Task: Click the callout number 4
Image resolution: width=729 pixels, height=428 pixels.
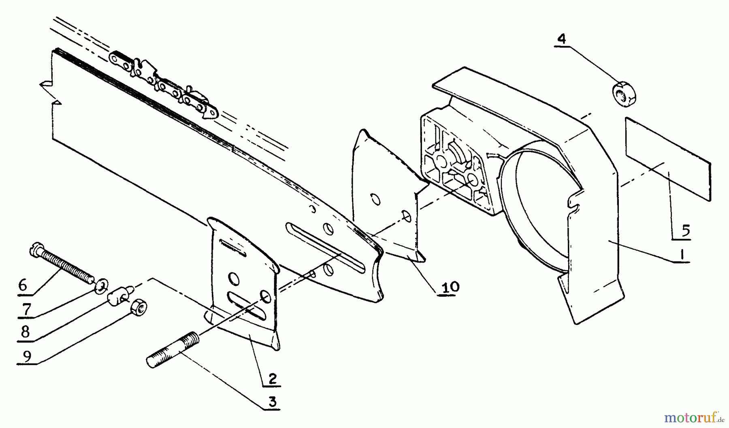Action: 562,39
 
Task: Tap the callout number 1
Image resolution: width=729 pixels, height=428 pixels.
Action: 682,254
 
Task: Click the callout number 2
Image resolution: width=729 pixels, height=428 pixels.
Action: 273,378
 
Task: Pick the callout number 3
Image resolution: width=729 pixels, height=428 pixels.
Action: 273,402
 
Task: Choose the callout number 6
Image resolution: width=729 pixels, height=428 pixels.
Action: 23,285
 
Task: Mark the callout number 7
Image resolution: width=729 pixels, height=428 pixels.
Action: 26,310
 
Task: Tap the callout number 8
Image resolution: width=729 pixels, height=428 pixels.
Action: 25,332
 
